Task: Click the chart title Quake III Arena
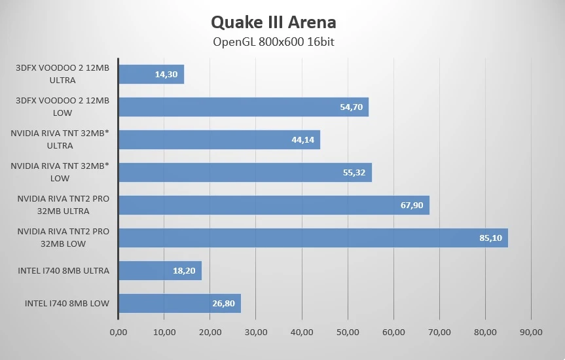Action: pyautogui.click(x=274, y=22)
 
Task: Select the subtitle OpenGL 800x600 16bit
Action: pyautogui.click(x=274, y=42)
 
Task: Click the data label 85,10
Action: pyautogui.click(x=490, y=238)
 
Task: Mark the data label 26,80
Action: pyautogui.click(x=223, y=304)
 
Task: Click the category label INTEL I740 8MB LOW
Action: pyautogui.click(x=67, y=304)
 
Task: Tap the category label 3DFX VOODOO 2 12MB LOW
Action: pyautogui.click(x=62, y=107)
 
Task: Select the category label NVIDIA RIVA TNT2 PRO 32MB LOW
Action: pyautogui.click(x=63, y=238)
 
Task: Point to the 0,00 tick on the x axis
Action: pyautogui.click(x=118, y=333)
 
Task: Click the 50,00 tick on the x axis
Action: pyautogui.click(x=348, y=333)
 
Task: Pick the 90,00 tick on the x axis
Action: pyautogui.click(x=531, y=333)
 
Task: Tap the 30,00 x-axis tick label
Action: pyautogui.click(x=256, y=333)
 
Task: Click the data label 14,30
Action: pyautogui.click(x=166, y=75)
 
